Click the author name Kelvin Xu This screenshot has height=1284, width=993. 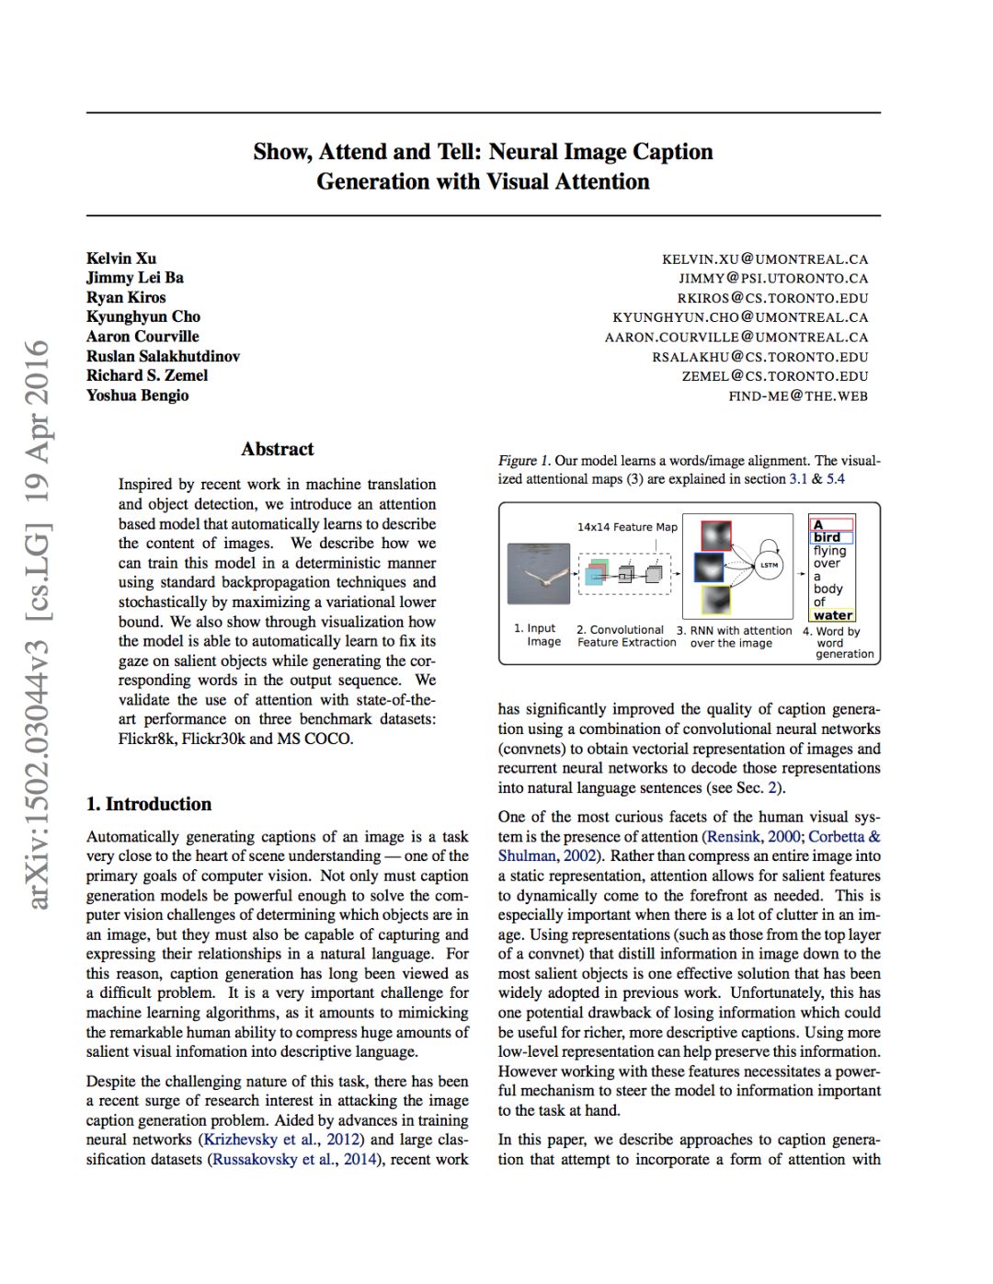[x=121, y=258]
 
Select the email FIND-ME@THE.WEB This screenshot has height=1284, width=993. [x=798, y=396]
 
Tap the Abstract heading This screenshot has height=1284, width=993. [x=277, y=449]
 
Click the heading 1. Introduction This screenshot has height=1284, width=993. [x=149, y=804]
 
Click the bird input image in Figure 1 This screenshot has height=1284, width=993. [x=539, y=574]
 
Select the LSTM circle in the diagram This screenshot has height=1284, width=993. [x=769, y=565]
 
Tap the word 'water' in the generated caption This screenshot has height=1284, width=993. [x=833, y=615]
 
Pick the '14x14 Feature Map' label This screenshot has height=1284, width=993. [x=627, y=527]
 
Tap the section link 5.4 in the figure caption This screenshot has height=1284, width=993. [x=835, y=479]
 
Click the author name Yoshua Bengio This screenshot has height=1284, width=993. [x=138, y=396]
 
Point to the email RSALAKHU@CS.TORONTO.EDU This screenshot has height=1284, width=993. [x=760, y=357]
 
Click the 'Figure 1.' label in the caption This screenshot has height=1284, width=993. [x=524, y=461]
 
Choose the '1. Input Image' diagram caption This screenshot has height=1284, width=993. [x=537, y=636]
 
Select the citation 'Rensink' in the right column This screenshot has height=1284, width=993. [x=734, y=837]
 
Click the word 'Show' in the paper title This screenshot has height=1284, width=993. [x=279, y=152]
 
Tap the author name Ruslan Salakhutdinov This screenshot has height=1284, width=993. [x=163, y=357]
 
